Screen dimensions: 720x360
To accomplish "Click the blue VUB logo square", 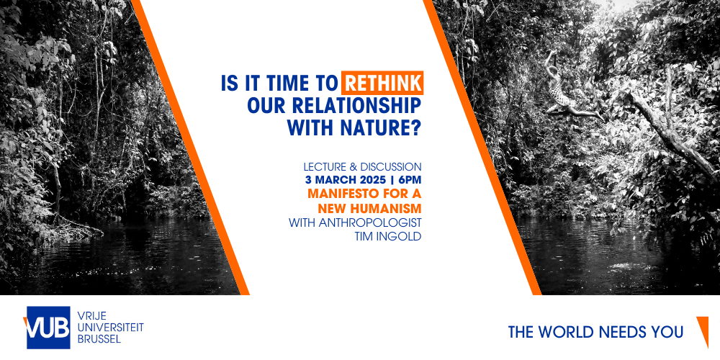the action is [48, 328].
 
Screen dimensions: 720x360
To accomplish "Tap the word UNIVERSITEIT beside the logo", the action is [111, 327].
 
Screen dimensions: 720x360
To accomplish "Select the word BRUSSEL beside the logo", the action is [99, 339].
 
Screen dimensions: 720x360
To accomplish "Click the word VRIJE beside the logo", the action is [92, 315].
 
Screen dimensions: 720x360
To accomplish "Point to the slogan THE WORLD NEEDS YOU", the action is [595, 332].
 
